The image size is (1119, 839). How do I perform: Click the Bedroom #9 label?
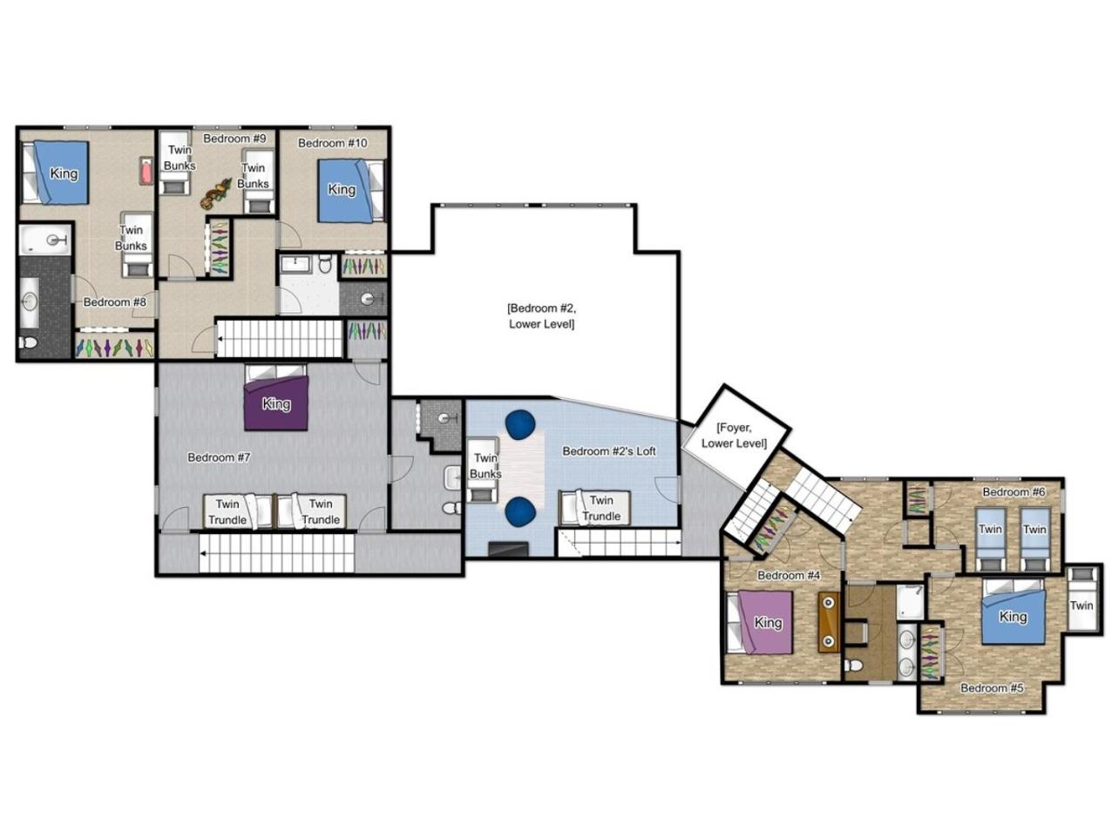coord(234,139)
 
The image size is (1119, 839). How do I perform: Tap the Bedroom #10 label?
coord(332,143)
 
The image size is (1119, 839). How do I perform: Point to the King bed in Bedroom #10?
coord(350,191)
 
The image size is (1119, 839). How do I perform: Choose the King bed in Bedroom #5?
coord(1014,612)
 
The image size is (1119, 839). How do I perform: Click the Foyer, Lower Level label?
coord(734,436)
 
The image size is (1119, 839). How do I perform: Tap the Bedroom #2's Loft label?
coord(608,451)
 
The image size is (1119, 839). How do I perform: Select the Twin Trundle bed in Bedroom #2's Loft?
coord(595,508)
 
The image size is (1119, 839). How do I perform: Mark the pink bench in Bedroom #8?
coord(146,171)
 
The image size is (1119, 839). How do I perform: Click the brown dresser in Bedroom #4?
coord(829,621)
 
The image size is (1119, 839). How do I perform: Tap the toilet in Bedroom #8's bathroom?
coord(29,343)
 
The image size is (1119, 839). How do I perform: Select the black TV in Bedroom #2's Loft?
coord(508,549)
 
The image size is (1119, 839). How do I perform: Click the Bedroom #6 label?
coord(1014,492)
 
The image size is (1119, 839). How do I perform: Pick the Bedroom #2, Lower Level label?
coord(541,316)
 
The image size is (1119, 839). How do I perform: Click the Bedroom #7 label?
coord(219,457)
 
